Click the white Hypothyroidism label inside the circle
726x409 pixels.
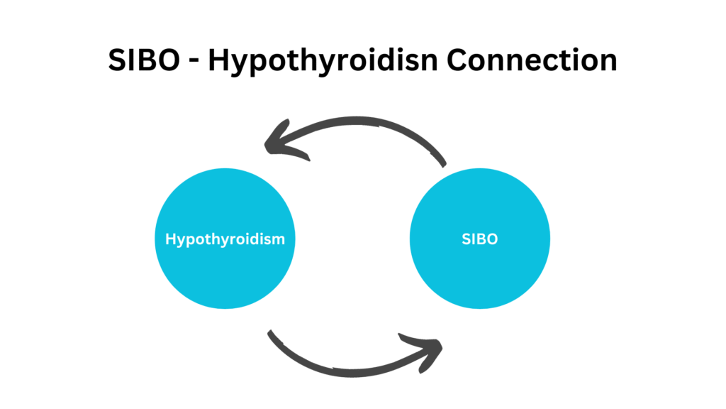[x=225, y=239]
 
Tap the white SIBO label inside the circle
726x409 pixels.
[x=480, y=239]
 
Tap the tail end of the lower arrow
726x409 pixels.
[x=272, y=334]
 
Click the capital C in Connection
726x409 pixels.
[x=458, y=60]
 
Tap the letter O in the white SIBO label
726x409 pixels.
[x=492, y=239]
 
